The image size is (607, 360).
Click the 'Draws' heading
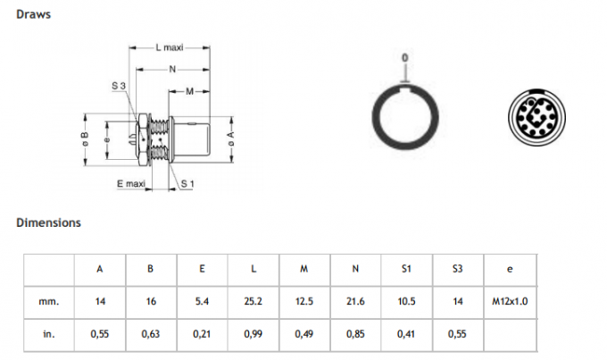33,14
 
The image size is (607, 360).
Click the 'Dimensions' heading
48,222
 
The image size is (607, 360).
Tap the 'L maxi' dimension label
170,47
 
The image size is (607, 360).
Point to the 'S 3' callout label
119,86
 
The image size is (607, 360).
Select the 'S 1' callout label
187,184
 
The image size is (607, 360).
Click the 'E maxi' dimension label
131,183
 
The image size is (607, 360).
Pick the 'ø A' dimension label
230,138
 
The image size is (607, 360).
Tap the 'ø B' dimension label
85,139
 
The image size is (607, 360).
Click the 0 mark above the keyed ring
405,58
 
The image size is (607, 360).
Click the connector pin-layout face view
536,117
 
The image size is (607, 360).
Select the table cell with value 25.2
254,301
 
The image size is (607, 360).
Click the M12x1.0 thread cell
510,301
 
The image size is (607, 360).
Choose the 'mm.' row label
49,301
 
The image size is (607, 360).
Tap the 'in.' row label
49,334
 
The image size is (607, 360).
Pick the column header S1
406,269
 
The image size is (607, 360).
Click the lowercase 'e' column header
510,269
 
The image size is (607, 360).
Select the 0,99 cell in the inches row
254,334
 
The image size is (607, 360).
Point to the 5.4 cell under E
202,301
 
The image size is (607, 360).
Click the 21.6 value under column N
355,301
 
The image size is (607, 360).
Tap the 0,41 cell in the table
406,334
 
